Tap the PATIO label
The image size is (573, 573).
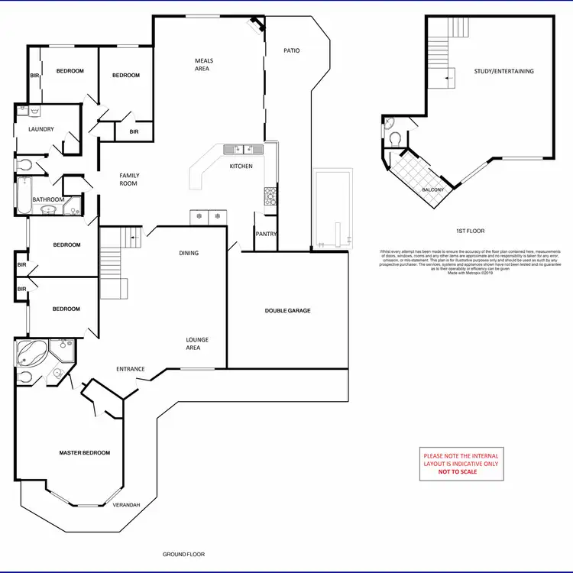pyautogui.click(x=292, y=51)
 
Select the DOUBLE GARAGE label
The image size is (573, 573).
pyautogui.click(x=287, y=310)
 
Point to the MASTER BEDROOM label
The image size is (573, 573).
pyautogui.click(x=84, y=453)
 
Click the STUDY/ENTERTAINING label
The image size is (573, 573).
pyautogui.click(x=503, y=71)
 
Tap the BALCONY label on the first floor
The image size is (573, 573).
pyautogui.click(x=433, y=189)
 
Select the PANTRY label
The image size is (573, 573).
pyautogui.click(x=267, y=235)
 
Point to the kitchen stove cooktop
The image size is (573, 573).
pyautogui.click(x=270, y=196)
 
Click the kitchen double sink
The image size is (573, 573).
pyautogui.click(x=244, y=149)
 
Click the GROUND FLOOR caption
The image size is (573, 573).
pyautogui.click(x=184, y=555)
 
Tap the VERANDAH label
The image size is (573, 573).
pyautogui.click(x=126, y=505)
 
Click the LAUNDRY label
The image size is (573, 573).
pyautogui.click(x=41, y=129)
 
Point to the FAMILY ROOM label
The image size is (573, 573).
pyautogui.click(x=129, y=180)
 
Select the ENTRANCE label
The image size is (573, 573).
pyautogui.click(x=131, y=369)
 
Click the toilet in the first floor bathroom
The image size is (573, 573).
pyautogui.click(x=394, y=138)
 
